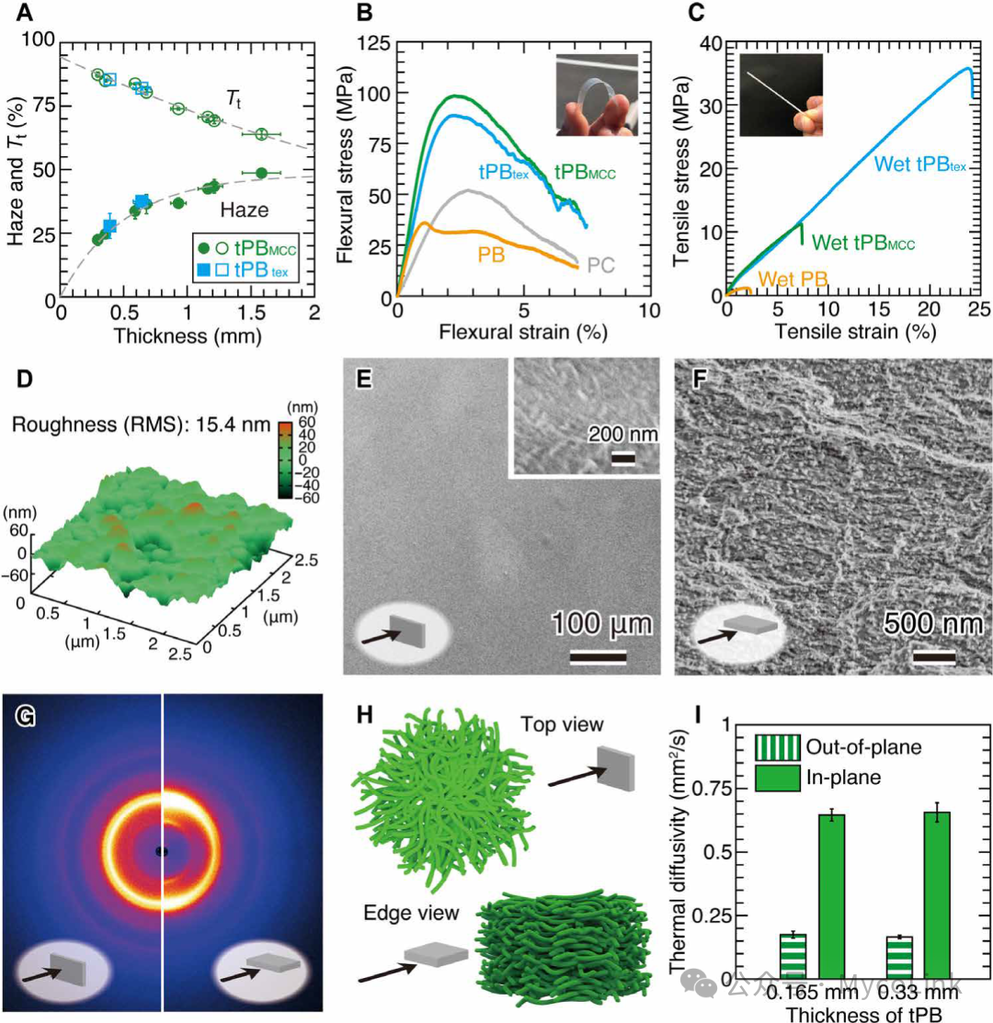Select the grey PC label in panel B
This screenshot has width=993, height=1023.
[x=601, y=265]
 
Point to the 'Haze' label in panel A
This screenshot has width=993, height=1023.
[x=243, y=210]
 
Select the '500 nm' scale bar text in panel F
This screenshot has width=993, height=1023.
[x=931, y=626]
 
